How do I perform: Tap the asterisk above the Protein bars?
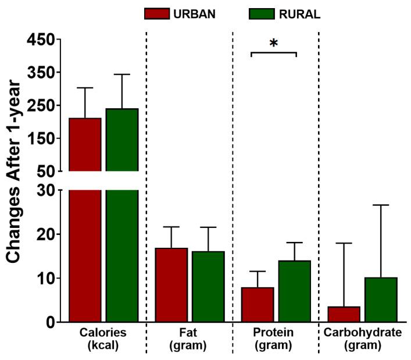[x=273, y=43]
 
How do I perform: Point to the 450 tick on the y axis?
[x=40, y=40]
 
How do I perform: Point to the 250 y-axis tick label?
[x=40, y=106]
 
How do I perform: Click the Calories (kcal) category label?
[x=103, y=339]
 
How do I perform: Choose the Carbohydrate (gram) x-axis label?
[x=362, y=339]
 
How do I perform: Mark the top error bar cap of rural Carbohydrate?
[x=381, y=205]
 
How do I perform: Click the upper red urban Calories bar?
[x=85, y=145]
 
